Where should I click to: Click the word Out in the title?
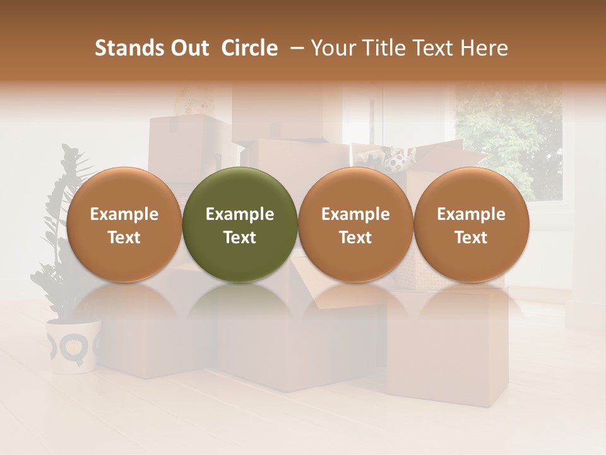tap(188, 48)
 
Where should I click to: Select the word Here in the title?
tap(485, 48)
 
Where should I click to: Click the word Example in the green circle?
tap(240, 215)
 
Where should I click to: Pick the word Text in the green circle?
tap(240, 238)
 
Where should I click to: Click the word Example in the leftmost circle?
tap(124, 215)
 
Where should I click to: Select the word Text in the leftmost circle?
tap(124, 238)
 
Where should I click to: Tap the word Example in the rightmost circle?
tap(472, 215)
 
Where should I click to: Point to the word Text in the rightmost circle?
tap(472, 238)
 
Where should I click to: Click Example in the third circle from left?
tap(355, 215)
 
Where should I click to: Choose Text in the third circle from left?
tap(355, 238)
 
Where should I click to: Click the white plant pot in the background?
tap(73, 344)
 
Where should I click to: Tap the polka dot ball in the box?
tap(396, 163)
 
